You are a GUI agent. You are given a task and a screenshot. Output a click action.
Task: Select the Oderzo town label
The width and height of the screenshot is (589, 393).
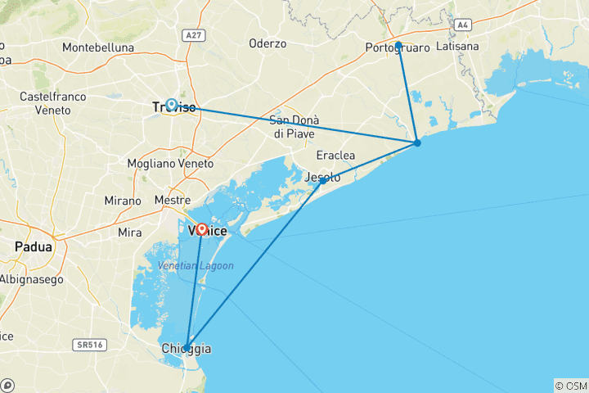pyautogui.click(x=268, y=43)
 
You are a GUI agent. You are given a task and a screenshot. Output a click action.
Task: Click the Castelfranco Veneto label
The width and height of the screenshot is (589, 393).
pyautogui.click(x=53, y=103)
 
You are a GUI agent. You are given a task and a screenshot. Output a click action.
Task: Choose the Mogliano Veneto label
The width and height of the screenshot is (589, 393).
pyautogui.click(x=170, y=164)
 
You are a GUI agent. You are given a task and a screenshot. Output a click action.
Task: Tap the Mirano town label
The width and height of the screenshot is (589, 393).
pyautogui.click(x=123, y=201)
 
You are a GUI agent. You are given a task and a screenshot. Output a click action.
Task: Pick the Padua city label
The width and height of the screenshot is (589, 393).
pyautogui.click(x=34, y=246)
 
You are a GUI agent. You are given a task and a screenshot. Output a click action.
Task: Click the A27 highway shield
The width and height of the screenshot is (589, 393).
pyautogui.click(x=193, y=36)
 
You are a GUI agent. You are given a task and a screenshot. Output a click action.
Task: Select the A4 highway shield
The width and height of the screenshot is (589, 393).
pyautogui.click(x=464, y=25)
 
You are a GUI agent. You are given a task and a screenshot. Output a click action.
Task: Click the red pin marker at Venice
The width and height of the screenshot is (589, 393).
pyautogui.click(x=202, y=230)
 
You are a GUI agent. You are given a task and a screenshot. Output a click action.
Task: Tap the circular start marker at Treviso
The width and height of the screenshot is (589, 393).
pyautogui.click(x=172, y=104)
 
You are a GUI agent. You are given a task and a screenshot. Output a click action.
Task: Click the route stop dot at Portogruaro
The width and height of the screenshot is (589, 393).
pyautogui.click(x=398, y=45)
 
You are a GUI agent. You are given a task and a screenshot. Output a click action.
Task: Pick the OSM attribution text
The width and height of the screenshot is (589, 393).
pyautogui.click(x=570, y=385)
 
